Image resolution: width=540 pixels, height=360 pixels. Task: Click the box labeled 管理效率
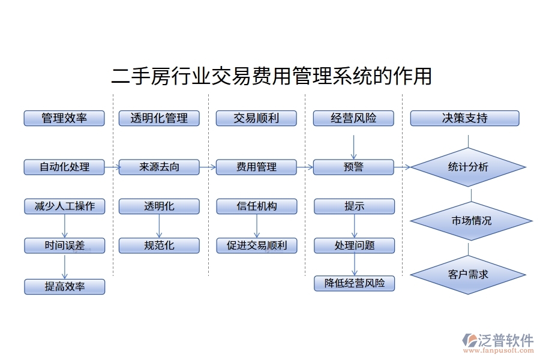64,118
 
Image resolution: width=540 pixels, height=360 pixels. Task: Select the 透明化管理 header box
159,118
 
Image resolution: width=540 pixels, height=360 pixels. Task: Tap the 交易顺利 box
256,118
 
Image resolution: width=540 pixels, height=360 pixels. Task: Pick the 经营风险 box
353,118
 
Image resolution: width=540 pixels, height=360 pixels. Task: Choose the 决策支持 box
464,118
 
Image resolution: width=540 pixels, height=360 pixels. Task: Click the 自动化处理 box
64,167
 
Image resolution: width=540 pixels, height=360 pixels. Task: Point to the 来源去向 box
159,167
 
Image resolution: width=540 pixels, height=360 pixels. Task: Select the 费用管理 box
256,167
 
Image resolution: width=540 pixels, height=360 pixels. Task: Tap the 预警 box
353,167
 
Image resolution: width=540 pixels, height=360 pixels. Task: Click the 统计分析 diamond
468,167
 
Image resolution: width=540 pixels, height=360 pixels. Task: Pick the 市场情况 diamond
471,221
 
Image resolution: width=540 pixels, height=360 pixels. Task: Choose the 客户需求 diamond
468,274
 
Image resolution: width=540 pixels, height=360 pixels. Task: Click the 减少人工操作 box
64,206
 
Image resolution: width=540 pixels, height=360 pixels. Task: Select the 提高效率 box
64,287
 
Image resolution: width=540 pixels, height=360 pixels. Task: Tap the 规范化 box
159,245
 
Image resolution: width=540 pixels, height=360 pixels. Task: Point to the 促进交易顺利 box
257,245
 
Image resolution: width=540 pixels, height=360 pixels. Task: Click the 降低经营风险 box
355,283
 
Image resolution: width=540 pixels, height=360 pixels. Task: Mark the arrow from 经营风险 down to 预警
353,147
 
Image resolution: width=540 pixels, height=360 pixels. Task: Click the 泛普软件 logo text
506,341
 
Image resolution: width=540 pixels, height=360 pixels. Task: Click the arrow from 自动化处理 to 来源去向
112,167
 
